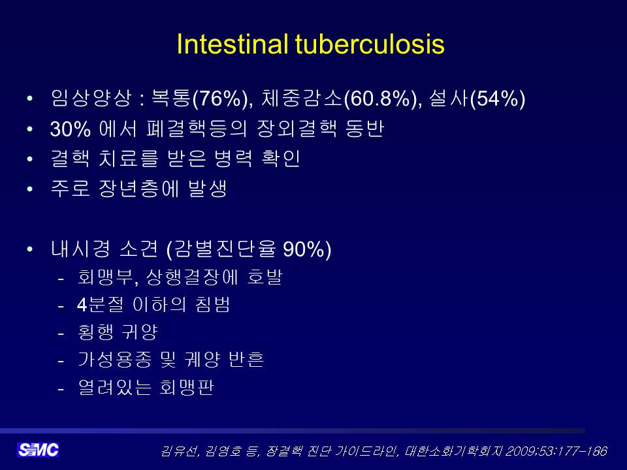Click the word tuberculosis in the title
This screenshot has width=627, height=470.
pyautogui.click(x=370, y=44)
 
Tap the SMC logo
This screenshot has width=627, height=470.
pyautogui.click(x=38, y=450)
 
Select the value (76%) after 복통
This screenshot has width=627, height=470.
pyautogui.click(x=222, y=99)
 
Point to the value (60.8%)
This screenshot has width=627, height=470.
pyautogui.click(x=383, y=99)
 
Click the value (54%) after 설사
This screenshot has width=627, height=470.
pyautogui.click(x=498, y=99)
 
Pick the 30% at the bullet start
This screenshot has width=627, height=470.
pyautogui.click(x=71, y=129)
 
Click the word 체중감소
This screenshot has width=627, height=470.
pyautogui.click(x=302, y=98)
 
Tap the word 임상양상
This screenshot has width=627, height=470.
pyautogui.click(x=91, y=98)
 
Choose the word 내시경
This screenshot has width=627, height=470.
pyautogui.click(x=80, y=249)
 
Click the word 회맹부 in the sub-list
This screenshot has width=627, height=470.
pyautogui.click(x=104, y=277)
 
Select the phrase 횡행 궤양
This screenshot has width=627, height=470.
pyautogui.click(x=118, y=332)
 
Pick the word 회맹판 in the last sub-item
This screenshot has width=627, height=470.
pyautogui.click(x=186, y=387)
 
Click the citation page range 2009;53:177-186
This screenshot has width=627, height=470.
pyautogui.click(x=556, y=451)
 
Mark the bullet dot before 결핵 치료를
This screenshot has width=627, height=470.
pyautogui.click(x=29, y=159)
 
